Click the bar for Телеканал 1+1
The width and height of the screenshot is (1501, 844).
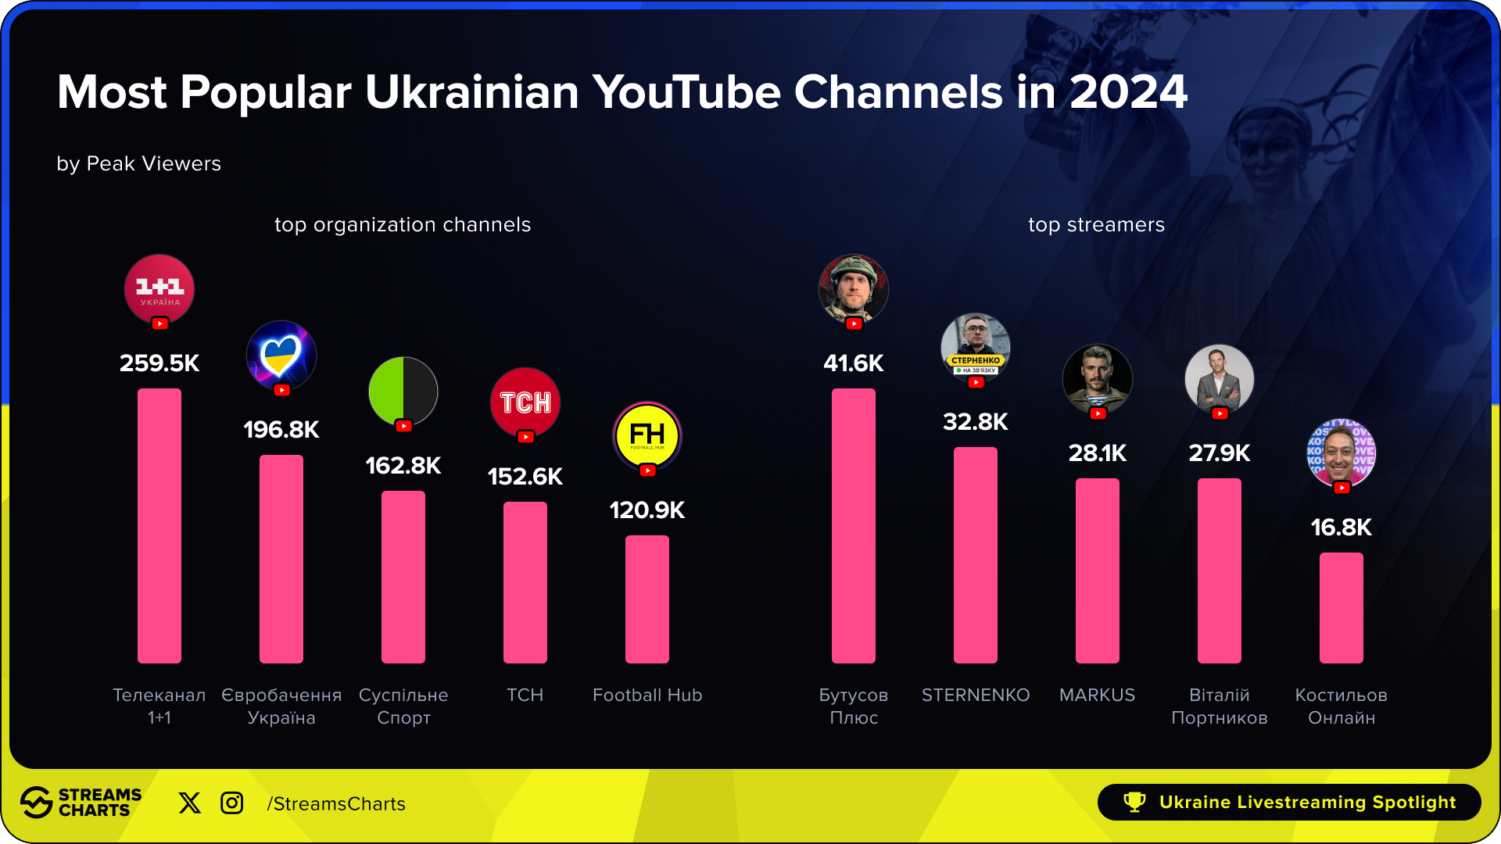(159, 525)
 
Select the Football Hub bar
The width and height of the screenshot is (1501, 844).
(647, 599)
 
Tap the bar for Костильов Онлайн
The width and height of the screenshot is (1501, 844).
(1342, 607)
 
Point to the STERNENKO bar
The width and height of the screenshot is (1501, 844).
(976, 555)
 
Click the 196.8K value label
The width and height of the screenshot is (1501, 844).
(281, 430)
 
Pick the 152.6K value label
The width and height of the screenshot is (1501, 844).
(525, 477)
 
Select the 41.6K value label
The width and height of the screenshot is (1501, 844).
(854, 363)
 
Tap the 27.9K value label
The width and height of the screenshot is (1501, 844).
(1220, 453)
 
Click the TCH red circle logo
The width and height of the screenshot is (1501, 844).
(525, 402)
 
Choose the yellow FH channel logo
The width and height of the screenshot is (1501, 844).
(647, 435)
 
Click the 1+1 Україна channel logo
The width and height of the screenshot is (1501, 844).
(159, 288)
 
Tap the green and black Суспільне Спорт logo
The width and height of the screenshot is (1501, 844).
(403, 391)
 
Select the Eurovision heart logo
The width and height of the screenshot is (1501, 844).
(281, 355)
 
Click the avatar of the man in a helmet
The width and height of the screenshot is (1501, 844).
(854, 288)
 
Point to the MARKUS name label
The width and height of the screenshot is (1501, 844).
(1097, 695)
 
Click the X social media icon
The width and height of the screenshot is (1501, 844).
(189, 803)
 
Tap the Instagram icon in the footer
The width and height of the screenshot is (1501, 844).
(232, 803)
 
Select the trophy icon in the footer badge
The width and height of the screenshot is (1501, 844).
(1134, 802)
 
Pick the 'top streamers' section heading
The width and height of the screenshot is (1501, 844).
(1096, 225)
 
